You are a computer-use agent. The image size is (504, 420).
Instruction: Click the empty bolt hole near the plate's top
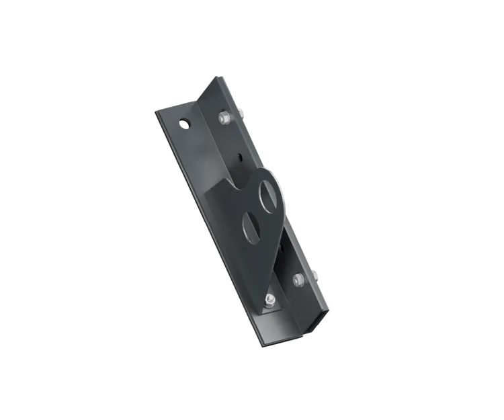183,124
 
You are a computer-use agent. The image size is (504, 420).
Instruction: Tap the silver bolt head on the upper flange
223,119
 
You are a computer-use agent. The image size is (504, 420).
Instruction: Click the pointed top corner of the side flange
218,78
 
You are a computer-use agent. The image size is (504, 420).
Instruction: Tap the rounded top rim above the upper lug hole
269,173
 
